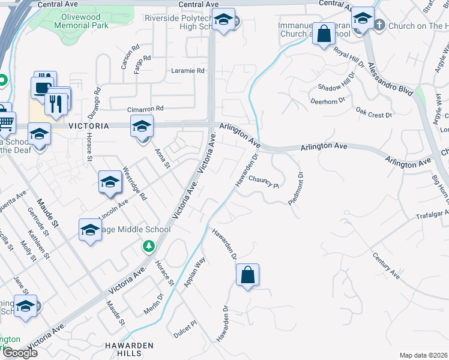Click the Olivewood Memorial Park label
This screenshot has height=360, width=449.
click(81, 21)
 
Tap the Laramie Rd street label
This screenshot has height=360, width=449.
click(188, 70)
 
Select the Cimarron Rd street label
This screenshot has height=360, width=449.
click(145, 109)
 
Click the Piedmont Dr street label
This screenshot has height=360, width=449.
click(297, 189)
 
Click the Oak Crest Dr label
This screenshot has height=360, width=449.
click(373, 113)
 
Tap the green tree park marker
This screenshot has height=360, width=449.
click(148, 245)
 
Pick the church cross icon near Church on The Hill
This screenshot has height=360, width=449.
click(379, 26)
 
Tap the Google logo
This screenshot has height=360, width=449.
click(20, 353)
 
